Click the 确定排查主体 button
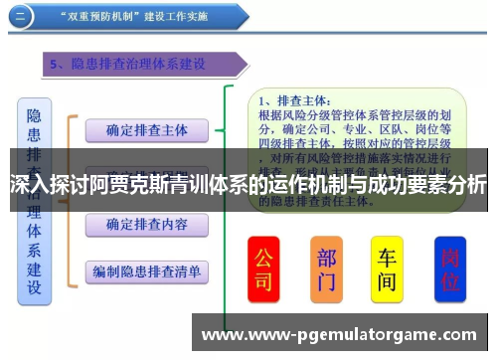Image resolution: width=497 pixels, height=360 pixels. click(x=145, y=129)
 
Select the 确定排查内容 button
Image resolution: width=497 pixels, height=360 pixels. click(x=145, y=224)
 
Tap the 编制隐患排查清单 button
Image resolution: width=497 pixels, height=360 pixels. click(x=145, y=270)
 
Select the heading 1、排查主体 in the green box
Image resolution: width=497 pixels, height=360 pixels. click(x=293, y=100)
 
